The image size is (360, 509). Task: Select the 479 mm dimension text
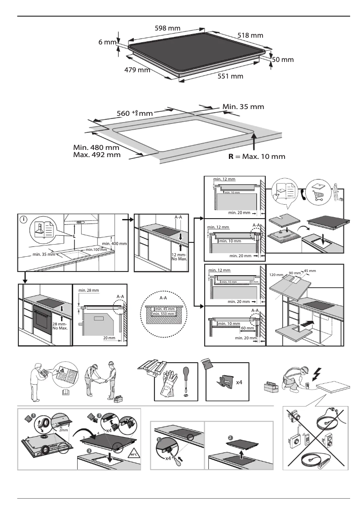[x=137, y=70]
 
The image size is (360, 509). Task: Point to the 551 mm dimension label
[x=230, y=76]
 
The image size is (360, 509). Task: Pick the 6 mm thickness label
[x=107, y=42]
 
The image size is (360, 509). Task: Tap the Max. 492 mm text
[x=97, y=155]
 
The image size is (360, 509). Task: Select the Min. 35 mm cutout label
[x=243, y=107]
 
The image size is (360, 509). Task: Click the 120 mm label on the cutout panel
[x=276, y=274]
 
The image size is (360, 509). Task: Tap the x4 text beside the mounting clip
[x=241, y=382]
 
